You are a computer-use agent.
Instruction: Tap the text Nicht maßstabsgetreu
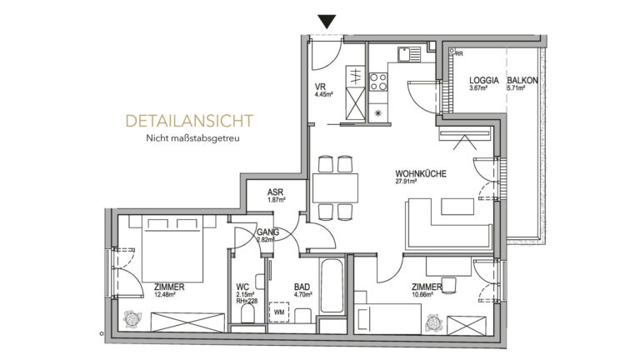(192, 139)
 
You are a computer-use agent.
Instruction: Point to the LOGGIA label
(484, 80)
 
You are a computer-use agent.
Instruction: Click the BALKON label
(523, 80)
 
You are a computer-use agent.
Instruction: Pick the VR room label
(319, 86)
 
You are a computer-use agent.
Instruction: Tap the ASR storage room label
(276, 191)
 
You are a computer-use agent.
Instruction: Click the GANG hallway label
(267, 232)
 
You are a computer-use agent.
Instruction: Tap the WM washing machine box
(279, 312)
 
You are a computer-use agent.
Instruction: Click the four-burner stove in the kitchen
(378, 82)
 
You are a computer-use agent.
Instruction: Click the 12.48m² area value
(169, 294)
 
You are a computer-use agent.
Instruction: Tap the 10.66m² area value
(426, 294)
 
